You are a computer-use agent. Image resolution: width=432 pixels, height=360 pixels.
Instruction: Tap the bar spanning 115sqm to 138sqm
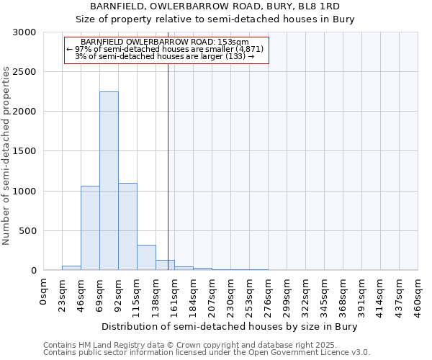[x=146, y=258]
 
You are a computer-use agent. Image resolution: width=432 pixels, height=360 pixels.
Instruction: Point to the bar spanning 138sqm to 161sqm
[x=165, y=265]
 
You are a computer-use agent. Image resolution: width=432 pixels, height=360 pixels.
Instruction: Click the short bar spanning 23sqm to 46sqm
[x=71, y=268]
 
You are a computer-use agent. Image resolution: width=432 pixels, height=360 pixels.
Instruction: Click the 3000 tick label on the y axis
[x=24, y=32]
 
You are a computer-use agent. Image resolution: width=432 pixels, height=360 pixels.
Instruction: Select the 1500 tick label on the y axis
[x=24, y=151]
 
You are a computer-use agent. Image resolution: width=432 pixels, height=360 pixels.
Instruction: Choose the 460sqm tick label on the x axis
[x=418, y=296]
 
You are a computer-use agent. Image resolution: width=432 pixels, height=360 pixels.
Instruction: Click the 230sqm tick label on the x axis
[x=231, y=296]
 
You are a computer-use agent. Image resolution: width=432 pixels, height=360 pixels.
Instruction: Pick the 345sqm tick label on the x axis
[x=325, y=296]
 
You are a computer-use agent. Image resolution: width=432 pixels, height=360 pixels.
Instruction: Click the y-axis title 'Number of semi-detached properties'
[x=7, y=156]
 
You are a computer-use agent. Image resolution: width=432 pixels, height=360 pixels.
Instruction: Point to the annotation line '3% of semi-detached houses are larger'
[x=165, y=56]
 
